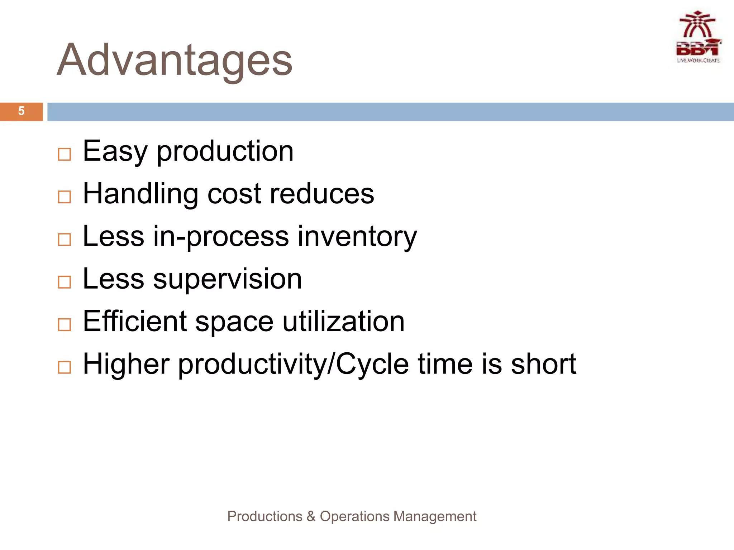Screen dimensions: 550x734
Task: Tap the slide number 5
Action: click(21, 111)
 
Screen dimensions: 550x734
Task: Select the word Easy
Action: click(115, 151)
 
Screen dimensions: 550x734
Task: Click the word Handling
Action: click(140, 194)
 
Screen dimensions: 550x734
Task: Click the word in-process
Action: click(221, 236)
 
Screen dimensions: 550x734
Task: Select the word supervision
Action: click(227, 279)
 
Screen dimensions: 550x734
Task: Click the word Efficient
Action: click(135, 321)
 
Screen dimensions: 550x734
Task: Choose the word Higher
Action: click(126, 364)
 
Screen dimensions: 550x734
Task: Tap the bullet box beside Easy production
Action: click(65, 155)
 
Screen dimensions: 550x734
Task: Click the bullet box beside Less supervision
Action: click(65, 282)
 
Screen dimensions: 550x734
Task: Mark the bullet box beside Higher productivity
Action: click(65, 367)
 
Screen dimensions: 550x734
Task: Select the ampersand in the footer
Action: click(311, 516)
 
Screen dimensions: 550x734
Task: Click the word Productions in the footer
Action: click(264, 516)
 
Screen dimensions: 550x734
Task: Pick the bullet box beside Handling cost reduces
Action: click(65, 197)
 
